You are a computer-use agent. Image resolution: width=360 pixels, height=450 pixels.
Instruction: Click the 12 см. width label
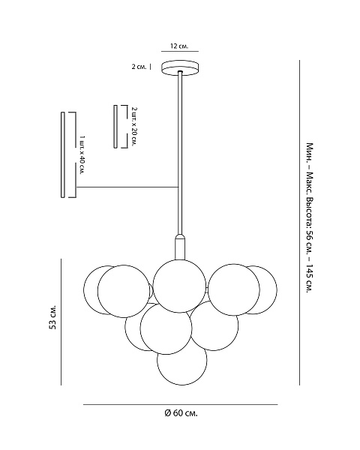[x=179, y=46]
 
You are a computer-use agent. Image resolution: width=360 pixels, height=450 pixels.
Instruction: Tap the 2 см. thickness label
[x=139, y=67]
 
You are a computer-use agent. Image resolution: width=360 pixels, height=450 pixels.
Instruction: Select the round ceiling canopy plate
[x=180, y=68]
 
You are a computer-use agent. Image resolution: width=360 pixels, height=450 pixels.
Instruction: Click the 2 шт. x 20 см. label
[x=134, y=127]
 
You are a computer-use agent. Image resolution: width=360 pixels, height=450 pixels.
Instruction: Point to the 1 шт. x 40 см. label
[x=82, y=155]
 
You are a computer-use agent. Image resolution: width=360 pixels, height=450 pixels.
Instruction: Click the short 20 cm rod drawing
[x=115, y=127]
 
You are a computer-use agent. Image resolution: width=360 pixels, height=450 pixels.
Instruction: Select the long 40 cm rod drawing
[x=63, y=155]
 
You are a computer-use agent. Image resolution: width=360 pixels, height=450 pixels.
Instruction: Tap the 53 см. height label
[x=52, y=317]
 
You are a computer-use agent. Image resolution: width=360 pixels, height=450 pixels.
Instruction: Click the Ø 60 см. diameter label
[x=181, y=413]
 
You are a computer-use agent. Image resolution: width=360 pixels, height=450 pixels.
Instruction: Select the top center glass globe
[x=179, y=286]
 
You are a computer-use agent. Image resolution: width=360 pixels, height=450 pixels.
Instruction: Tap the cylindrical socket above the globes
[x=180, y=247]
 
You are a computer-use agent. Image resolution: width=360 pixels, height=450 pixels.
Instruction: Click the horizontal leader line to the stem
[x=127, y=187]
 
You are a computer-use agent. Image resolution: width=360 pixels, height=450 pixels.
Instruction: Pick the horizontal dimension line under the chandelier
[x=181, y=405]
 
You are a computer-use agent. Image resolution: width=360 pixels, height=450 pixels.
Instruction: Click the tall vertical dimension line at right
[x=300, y=223]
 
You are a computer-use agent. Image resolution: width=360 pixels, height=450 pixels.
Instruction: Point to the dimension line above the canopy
[x=180, y=52]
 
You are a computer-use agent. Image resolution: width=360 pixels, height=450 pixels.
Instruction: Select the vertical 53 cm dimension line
[x=61, y=322]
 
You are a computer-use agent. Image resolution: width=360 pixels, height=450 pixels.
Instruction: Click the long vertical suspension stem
[x=180, y=154]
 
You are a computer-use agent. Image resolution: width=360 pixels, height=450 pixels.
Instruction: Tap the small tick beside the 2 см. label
[x=151, y=67]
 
